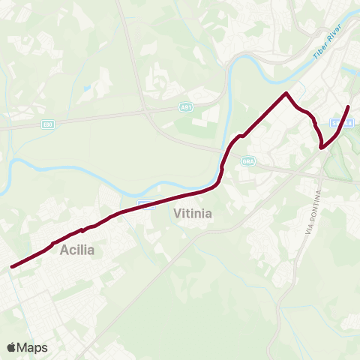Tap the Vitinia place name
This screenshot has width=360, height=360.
coord(193,214)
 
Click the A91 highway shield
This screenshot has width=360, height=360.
coord(187,108)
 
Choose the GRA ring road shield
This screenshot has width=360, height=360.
coord(248,161)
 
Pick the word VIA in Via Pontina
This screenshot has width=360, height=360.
coord(307,230)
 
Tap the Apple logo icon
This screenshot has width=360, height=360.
coord(11,347)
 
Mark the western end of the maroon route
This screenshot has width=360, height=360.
coord(11,266)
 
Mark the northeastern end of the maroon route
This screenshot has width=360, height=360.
coord(349,107)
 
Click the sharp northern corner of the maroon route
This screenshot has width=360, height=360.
coord(286,93)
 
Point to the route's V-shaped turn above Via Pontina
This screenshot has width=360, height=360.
coord(322,148)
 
